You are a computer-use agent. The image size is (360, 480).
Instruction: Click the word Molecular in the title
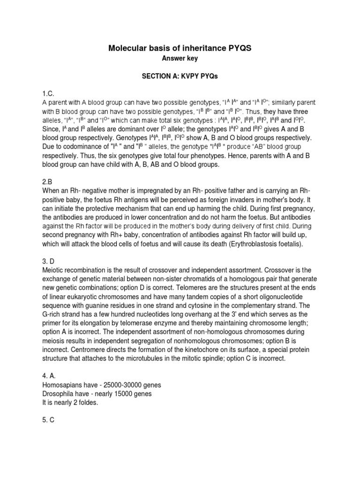(128, 48)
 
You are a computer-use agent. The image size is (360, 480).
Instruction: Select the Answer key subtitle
(180, 59)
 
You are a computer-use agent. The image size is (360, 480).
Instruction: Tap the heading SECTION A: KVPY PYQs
(180, 76)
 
